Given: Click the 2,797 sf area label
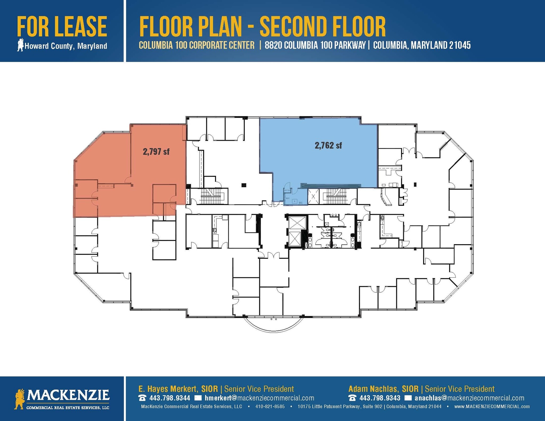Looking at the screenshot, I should click(x=156, y=152).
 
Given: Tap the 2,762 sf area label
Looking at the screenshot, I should click(x=328, y=145).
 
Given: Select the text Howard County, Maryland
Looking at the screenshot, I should click(x=66, y=46).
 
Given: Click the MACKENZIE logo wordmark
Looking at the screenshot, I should click(x=68, y=395).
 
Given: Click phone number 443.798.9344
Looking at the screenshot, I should click(x=170, y=398).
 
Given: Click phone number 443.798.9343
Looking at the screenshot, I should click(x=380, y=398).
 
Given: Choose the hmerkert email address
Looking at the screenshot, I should click(x=259, y=398).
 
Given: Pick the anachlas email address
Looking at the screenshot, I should click(x=469, y=398).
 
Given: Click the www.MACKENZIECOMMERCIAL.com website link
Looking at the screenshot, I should click(x=492, y=406).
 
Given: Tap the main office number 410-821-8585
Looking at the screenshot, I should click(x=270, y=406).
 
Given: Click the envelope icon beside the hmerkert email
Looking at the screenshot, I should click(x=198, y=398).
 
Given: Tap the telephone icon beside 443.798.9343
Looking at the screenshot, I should click(x=352, y=398).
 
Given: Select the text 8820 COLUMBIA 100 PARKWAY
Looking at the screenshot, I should click(x=315, y=45).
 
